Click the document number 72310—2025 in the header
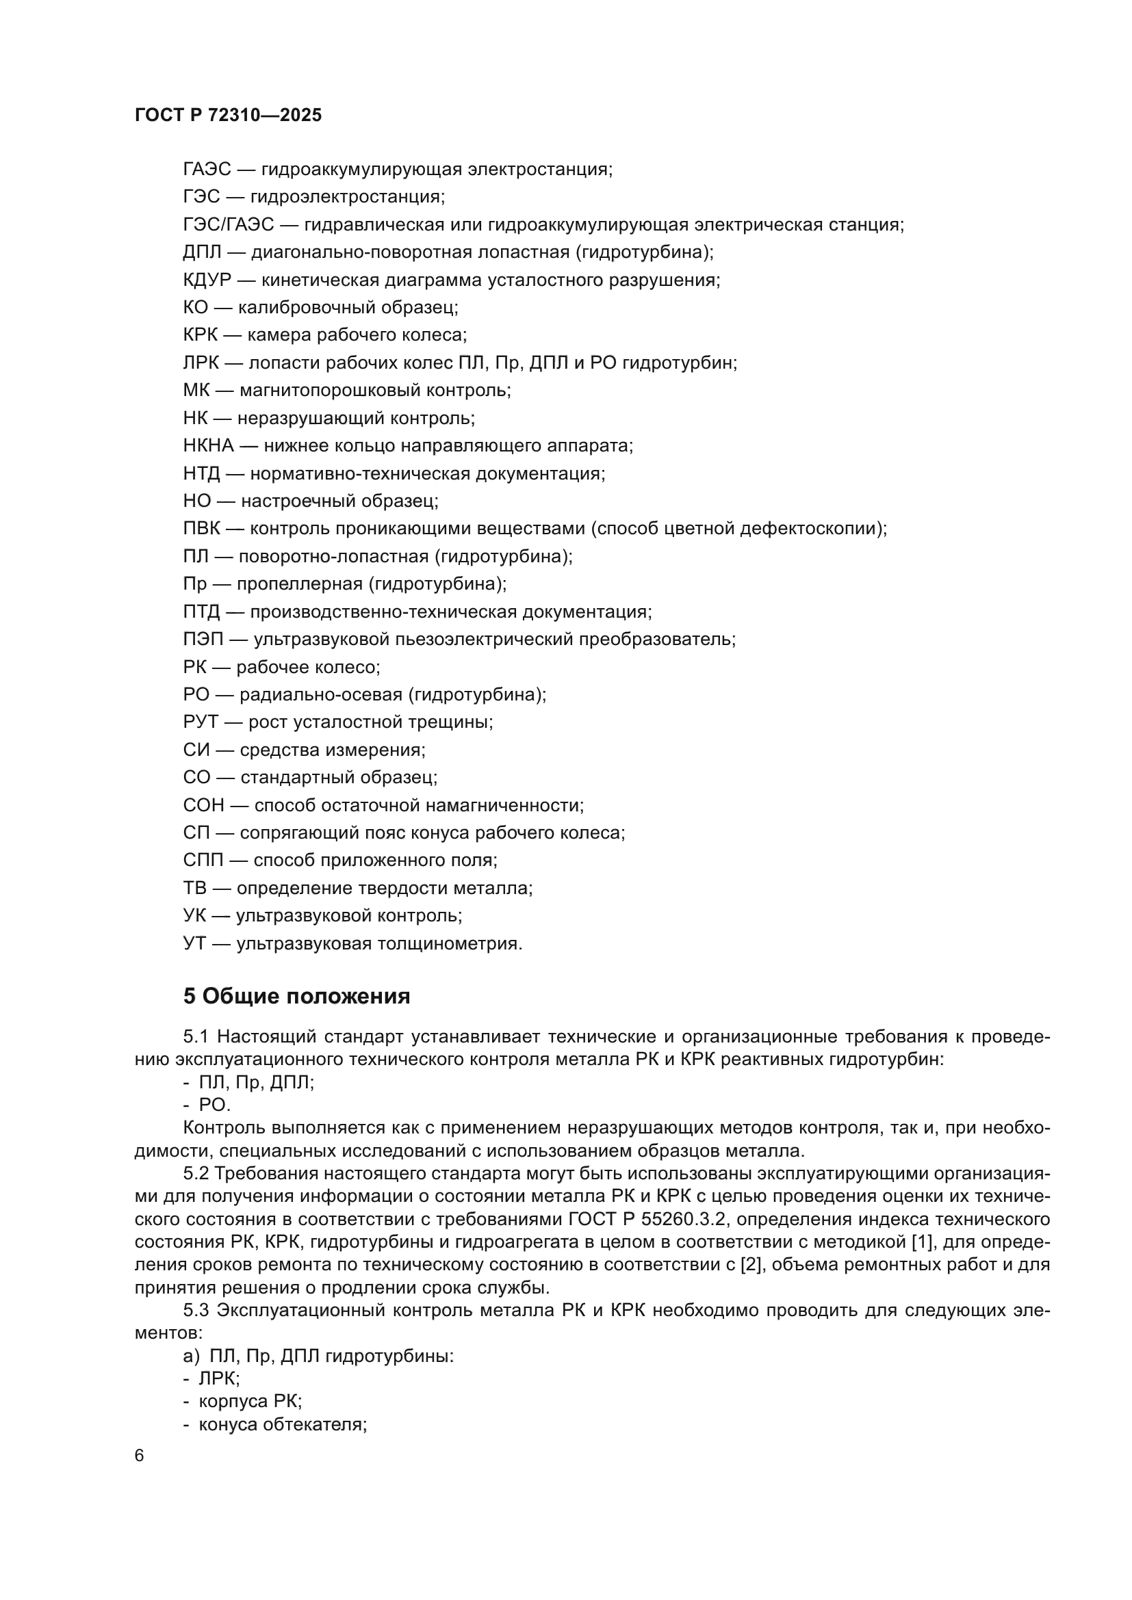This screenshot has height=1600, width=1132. tap(265, 115)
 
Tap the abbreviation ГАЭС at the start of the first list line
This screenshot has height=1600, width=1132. tap(207, 170)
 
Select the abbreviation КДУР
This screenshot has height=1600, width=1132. tap(207, 280)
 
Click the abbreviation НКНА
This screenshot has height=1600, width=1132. tap(209, 445)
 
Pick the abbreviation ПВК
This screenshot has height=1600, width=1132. tap(201, 528)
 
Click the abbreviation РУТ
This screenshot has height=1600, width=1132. tap(201, 721)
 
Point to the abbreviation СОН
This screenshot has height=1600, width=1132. tap(203, 805)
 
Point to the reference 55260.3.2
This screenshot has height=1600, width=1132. tap(674, 1219)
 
